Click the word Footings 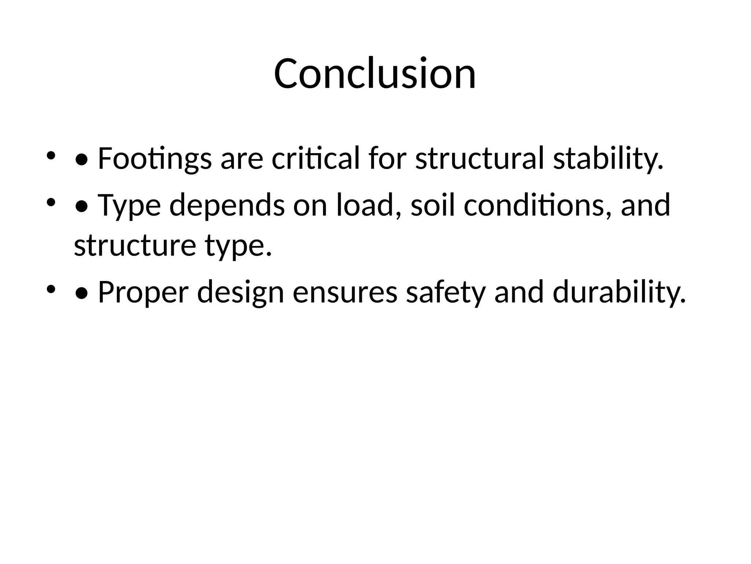(x=154, y=159)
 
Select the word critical (x=316, y=159)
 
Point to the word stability (x=608, y=159)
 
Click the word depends (x=227, y=205)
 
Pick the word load (x=369, y=205)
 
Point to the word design (x=241, y=292)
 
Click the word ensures (x=345, y=292)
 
